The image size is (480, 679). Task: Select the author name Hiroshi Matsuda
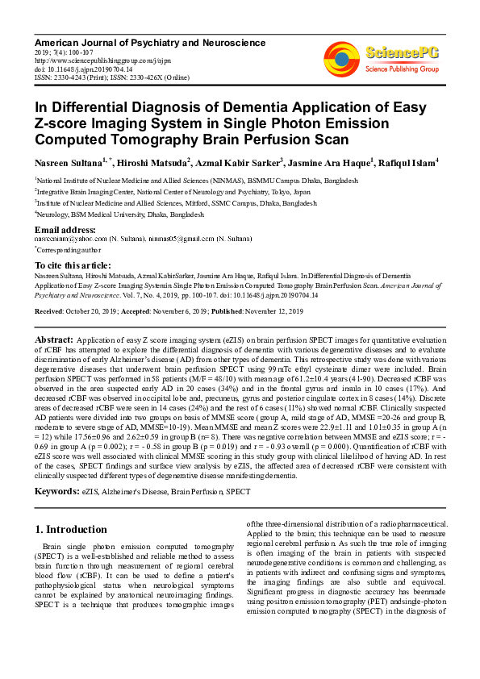pos(139,164)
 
